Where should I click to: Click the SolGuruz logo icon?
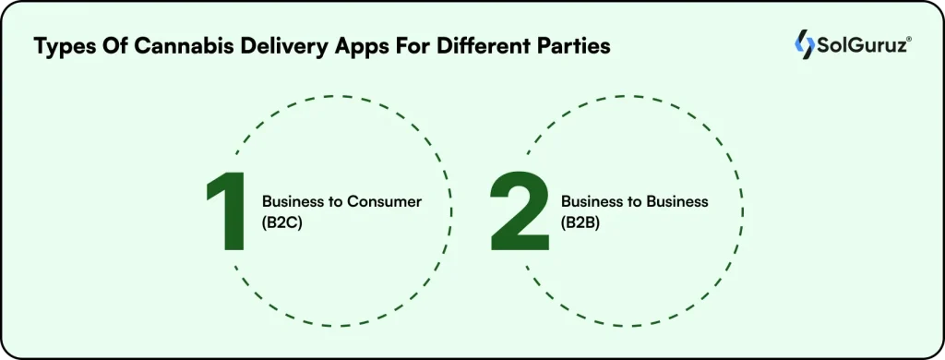[x=805, y=44]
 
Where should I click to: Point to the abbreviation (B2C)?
[x=283, y=222]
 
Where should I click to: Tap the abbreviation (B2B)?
[x=581, y=222]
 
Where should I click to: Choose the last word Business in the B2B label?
[x=677, y=201]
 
